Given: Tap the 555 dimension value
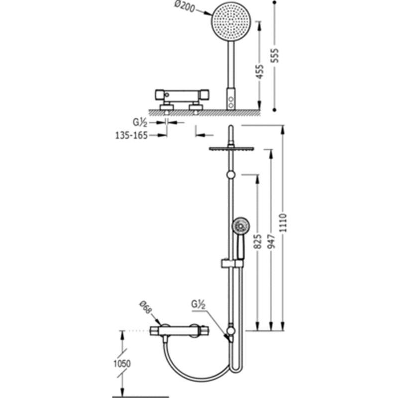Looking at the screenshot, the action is pos(275,55).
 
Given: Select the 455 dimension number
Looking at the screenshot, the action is pos(260,72).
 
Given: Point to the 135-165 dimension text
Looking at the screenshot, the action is pos(131,135).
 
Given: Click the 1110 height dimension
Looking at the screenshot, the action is pos(283,223).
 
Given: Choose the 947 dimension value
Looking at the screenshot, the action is pos(271,242).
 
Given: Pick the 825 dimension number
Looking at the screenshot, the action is pos(258,242).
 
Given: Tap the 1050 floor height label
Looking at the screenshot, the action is pos(122,364).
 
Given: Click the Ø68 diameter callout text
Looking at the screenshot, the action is pos(146,307).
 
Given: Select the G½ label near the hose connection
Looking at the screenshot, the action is pos(198,304).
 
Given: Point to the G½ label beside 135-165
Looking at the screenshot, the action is pos(140,122).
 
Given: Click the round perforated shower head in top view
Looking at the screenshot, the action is pos(231,21).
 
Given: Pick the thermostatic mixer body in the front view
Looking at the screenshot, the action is pos(179,331).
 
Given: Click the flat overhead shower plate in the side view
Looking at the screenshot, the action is pos(231,149).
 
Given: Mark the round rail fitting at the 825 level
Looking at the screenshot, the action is pos(231,175).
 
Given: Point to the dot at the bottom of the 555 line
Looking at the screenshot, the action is pos(274,110).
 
